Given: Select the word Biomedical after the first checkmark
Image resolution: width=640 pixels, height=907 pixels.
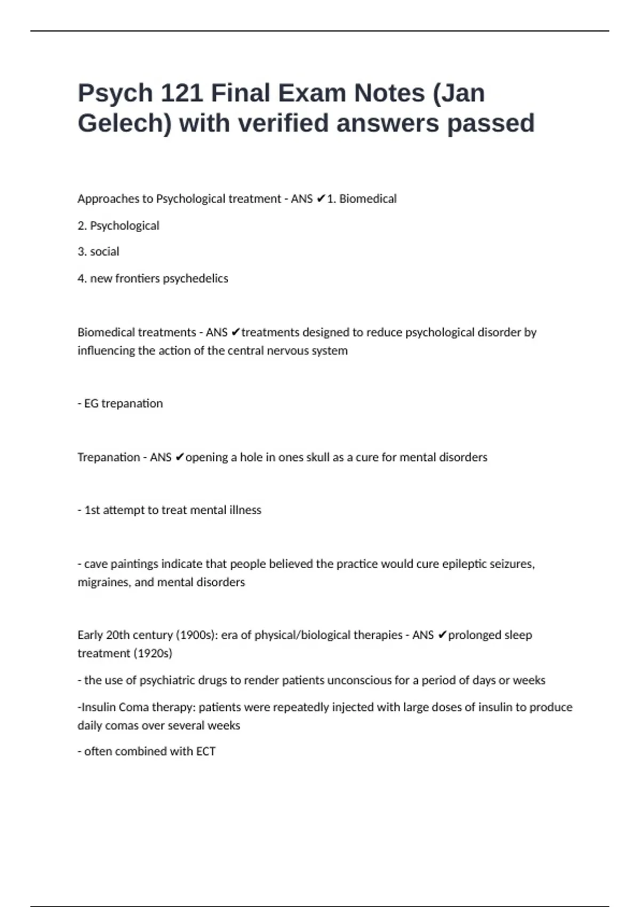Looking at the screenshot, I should (x=368, y=199).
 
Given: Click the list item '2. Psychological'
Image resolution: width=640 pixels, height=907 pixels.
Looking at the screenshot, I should (x=118, y=226).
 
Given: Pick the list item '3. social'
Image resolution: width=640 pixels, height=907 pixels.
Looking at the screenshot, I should (x=98, y=252).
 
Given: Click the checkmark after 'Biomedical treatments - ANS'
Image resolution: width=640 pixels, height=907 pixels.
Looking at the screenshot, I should (x=235, y=332).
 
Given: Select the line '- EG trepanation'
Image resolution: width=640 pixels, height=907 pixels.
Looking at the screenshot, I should (x=120, y=403).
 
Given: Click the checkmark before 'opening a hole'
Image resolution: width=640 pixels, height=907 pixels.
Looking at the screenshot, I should (x=179, y=457).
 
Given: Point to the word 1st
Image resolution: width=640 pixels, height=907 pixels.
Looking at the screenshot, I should (x=92, y=510).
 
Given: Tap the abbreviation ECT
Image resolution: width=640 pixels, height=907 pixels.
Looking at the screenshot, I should (x=205, y=751).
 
